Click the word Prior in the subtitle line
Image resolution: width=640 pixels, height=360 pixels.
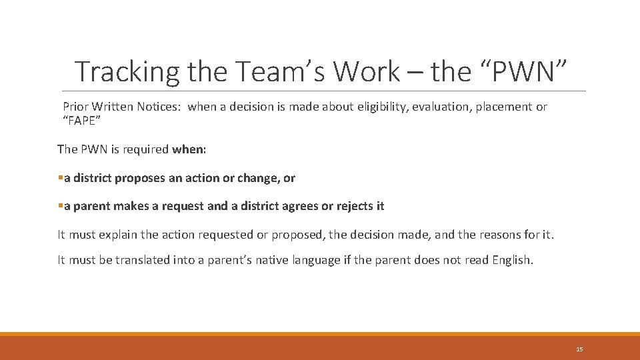click(x=75, y=107)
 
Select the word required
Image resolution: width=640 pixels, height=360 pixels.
click(x=147, y=149)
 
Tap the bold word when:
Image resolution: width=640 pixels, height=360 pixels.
click(x=189, y=149)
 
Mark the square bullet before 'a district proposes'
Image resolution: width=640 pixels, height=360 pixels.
click(x=61, y=178)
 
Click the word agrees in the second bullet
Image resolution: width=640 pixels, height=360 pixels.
click(x=301, y=206)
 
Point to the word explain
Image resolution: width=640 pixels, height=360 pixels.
click(x=121, y=235)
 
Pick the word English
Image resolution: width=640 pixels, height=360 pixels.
click(x=513, y=260)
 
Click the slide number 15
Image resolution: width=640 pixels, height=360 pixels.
click(x=579, y=349)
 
